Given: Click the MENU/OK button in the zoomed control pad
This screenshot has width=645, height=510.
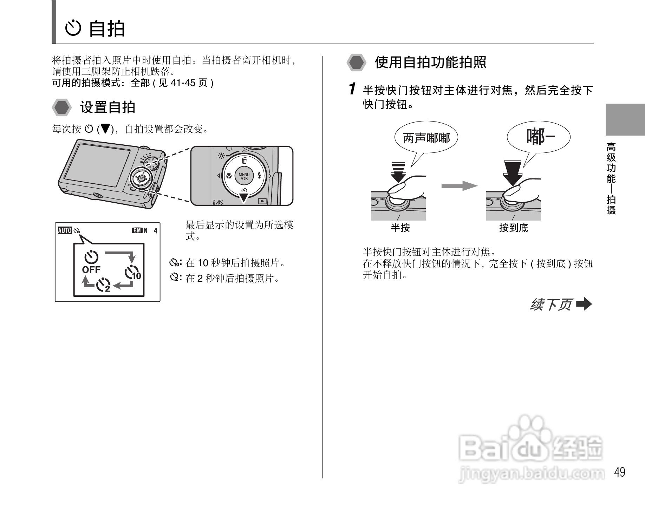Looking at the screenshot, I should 244,176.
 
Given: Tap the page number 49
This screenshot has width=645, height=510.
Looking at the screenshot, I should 619,472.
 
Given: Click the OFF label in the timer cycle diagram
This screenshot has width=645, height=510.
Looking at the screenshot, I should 91,270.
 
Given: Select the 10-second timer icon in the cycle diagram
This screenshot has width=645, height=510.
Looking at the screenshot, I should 132,273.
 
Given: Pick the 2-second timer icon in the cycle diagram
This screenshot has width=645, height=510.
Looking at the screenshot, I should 104,285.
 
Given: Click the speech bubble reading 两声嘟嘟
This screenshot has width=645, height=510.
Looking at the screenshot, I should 426,138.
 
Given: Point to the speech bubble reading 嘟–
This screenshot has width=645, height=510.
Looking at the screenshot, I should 539,137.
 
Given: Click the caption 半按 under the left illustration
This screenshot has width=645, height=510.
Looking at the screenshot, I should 400,228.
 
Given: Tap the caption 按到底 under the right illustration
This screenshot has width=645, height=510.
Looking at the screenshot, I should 513,228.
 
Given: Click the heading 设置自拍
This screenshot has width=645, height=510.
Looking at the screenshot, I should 107,107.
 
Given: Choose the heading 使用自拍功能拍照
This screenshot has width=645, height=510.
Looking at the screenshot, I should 430,63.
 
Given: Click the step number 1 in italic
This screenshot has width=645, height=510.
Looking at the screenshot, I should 352,89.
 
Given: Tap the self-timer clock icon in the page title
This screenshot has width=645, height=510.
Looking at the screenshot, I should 73,28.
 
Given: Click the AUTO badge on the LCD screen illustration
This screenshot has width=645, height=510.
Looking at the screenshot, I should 65,230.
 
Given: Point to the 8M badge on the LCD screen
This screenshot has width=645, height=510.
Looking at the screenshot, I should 137,230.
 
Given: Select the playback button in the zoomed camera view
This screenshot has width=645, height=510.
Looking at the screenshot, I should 262,201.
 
